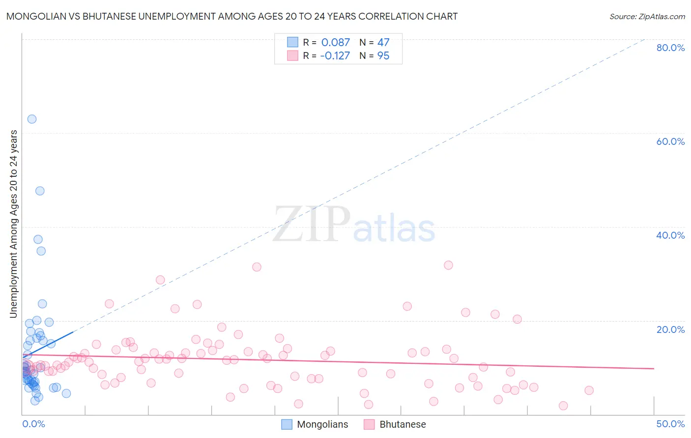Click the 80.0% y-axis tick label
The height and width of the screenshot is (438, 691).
click(670, 48)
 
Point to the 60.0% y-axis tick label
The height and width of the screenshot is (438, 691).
click(670, 141)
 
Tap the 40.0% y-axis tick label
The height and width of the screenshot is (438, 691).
click(670, 235)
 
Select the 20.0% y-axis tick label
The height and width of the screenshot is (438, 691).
click(670, 329)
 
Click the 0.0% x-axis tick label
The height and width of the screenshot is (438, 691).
click(33, 424)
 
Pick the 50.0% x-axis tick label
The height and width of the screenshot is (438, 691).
click(670, 424)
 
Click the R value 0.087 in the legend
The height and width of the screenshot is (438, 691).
click(335, 43)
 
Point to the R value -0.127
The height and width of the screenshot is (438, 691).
click(335, 56)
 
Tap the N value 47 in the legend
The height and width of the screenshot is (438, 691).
click(383, 43)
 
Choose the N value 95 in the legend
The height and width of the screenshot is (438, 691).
click(383, 56)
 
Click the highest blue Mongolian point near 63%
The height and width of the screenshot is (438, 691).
click(32, 119)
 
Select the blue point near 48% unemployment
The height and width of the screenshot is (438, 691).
click(40, 191)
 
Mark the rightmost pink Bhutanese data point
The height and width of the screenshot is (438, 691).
click(589, 390)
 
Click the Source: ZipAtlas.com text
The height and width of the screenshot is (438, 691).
click(647, 17)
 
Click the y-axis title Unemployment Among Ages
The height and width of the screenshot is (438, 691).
click(14, 223)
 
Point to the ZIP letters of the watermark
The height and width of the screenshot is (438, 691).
click(312, 224)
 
